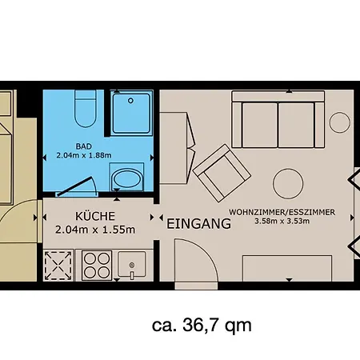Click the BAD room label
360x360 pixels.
click(84, 146)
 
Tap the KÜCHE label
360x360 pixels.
click(95, 216)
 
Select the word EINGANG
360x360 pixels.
click(198, 223)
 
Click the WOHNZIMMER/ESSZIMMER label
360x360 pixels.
click(282, 212)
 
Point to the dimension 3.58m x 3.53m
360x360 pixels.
click(282, 221)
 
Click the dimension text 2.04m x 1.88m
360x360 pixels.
click(84, 155)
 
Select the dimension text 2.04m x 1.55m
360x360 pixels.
click(95, 230)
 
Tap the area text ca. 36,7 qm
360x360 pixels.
click(202, 326)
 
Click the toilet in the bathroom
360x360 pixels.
click(86, 109)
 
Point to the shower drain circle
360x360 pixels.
click(130, 101)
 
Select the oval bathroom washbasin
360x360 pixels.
click(126, 179)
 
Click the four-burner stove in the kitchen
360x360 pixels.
click(97, 265)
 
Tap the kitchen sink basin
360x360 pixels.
click(132, 264)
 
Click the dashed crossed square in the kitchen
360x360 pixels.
click(58, 266)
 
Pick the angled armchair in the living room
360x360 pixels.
click(222, 174)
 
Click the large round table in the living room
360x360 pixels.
click(288, 183)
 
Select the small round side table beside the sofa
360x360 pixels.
click(340, 122)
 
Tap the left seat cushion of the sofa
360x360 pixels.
click(260, 125)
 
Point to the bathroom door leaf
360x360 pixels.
click(75, 186)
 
